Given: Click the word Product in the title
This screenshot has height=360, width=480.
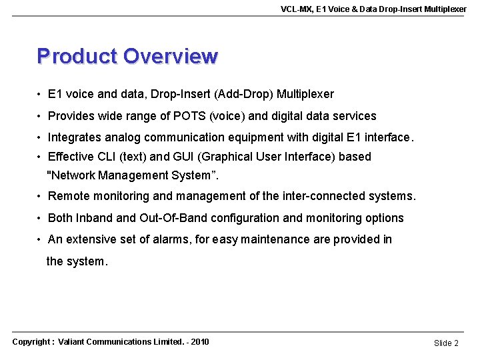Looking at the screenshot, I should pos(77,56).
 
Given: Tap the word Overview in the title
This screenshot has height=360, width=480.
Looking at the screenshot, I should pos(171,56).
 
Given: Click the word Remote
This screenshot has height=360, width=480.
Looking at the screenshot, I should pos(69,197).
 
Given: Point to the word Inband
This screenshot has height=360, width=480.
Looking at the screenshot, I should pos(94,218).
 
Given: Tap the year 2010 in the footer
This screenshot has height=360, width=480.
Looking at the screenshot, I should pos(199,342).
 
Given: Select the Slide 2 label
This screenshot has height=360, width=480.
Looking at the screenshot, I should pos(446,343).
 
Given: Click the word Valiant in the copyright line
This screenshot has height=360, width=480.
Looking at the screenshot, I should pos(73,342).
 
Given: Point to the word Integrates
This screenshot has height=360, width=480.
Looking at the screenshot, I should pos(76,137).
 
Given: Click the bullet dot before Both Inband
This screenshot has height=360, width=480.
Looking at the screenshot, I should pos(41,218).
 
